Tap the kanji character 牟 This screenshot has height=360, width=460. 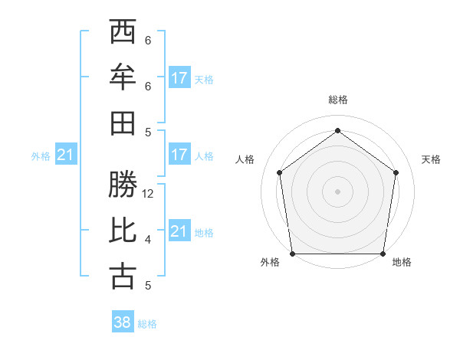[123, 77]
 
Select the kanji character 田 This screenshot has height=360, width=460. [123, 123]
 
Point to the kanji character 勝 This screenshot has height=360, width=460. [123, 185]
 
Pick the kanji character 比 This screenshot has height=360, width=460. [123, 231]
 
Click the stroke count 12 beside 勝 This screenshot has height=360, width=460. [149, 194]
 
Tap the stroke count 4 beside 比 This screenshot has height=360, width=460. [148, 240]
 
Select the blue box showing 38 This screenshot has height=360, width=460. [123, 322]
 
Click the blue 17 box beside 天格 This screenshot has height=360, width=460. [179, 77]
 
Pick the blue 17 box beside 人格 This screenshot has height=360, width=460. [179, 155]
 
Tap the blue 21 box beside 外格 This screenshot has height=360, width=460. [66, 155]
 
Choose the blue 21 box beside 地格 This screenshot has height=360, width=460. [179, 231]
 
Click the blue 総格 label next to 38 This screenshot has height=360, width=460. [147, 324]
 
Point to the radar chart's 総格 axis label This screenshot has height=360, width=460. [337, 100]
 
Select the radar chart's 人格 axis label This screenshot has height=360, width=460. [245, 159]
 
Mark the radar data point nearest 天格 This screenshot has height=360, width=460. [396, 172]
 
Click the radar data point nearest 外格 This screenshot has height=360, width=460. [292, 254]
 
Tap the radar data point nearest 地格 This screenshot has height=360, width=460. [383, 254]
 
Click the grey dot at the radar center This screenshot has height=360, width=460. [337, 191]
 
